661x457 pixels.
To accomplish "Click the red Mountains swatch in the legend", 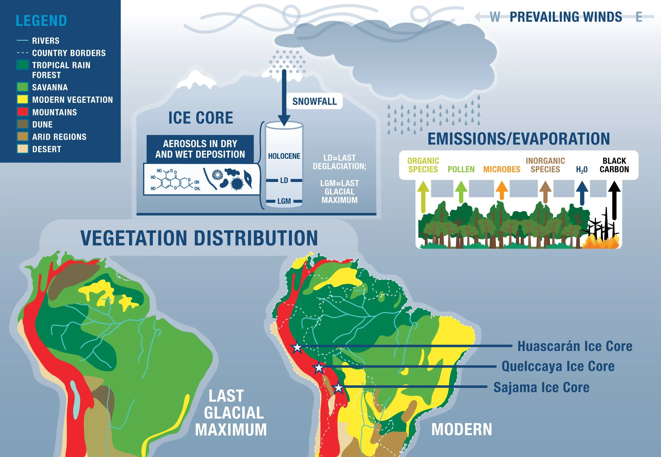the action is point(23,112).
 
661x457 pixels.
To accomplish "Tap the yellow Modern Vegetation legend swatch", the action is point(23,99).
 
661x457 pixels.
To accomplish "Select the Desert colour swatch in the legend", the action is point(23,149).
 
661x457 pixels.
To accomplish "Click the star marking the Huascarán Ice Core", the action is point(297,347).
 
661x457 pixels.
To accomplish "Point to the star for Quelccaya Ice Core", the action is point(318,367).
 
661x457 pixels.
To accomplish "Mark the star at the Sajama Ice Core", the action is point(338,388).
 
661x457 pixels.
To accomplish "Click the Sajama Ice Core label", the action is point(541,387).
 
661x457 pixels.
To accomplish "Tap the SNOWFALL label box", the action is point(314,101).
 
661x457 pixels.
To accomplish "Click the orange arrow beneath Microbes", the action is point(502,190).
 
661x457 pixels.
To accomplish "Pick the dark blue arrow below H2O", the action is point(582,193).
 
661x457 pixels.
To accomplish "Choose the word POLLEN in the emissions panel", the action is point(461,170).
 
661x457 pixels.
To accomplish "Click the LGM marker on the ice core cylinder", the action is point(284,201).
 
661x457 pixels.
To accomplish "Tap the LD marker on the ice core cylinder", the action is point(284,180).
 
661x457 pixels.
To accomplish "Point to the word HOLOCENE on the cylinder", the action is point(284,156).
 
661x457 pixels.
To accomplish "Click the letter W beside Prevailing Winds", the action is point(495,17).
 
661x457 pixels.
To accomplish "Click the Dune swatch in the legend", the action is point(23,124).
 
